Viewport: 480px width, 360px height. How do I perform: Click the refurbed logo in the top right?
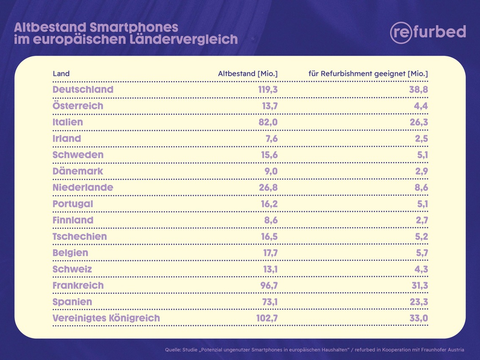tap(427, 32)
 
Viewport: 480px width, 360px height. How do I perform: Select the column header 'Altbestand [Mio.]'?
tap(247, 74)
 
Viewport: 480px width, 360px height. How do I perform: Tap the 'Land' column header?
tap(61, 74)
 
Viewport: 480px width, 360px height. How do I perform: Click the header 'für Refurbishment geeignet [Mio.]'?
tap(368, 74)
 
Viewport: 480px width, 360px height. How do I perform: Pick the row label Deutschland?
tap(83, 89)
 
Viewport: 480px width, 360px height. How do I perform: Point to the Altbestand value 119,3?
tap(265, 89)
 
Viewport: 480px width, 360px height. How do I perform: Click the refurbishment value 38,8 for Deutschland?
tap(417, 89)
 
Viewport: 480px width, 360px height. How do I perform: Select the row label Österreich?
tap(78, 106)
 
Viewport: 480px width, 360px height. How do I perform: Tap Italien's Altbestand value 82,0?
tap(266, 122)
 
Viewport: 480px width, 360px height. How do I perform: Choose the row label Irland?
tap(67, 139)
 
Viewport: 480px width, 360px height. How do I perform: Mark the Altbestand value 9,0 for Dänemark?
tap(269, 171)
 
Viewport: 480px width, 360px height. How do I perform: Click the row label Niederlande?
tap(83, 187)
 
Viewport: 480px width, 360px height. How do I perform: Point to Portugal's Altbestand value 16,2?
tap(267, 204)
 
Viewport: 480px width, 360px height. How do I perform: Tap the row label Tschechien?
tap(80, 236)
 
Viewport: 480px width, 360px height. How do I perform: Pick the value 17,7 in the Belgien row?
tap(267, 253)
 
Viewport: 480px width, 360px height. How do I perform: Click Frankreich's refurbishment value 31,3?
tap(418, 286)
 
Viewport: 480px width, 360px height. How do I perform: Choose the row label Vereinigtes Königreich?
tap(106, 318)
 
